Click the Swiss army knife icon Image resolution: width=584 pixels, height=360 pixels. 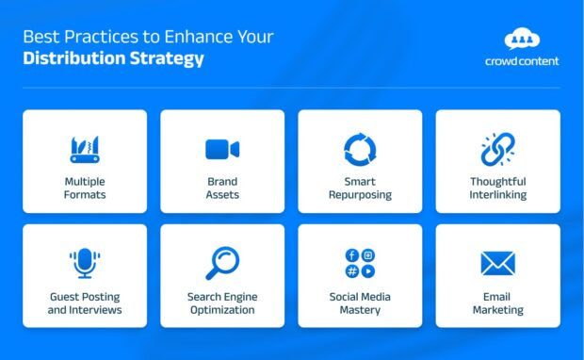(85, 149)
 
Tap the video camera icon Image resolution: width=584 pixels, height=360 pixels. (222, 149)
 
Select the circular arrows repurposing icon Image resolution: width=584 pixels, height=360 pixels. (360, 149)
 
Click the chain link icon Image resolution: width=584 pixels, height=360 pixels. (497, 149)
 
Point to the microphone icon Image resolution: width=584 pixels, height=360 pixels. (85, 263)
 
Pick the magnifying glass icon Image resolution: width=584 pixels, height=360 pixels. (222, 262)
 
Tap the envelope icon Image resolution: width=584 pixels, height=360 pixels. (497, 263)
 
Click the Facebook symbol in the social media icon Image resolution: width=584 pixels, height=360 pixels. (352, 255)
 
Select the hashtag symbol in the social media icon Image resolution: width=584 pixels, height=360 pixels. (352, 271)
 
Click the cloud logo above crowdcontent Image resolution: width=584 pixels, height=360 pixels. (522, 39)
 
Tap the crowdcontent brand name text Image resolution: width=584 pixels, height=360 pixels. (522, 60)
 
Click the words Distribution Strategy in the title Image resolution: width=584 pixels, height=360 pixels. (113, 58)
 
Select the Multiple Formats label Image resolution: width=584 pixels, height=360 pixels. (85, 188)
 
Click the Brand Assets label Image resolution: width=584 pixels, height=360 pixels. (222, 188)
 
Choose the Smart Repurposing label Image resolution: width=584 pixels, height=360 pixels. (360, 188)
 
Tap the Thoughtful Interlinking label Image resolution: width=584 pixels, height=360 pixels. (497, 188)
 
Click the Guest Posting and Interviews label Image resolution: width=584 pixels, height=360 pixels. (85, 303)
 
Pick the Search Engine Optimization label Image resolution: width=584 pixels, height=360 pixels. (222, 303)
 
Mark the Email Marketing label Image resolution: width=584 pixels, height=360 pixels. (497, 303)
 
